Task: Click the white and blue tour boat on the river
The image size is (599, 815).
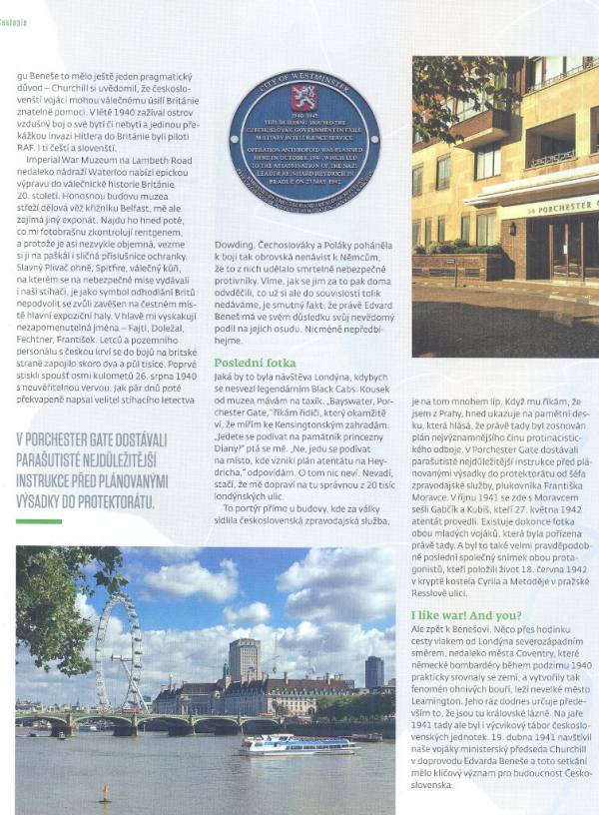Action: coord(297,744)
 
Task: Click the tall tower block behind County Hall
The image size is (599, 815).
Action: coord(244,659)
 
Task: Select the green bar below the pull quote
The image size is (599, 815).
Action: coord(39,520)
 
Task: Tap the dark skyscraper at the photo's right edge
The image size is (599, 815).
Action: coord(374,672)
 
